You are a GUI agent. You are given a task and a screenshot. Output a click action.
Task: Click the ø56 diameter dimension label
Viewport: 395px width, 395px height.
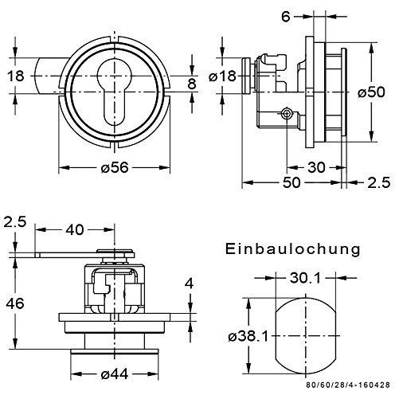pos(115,167)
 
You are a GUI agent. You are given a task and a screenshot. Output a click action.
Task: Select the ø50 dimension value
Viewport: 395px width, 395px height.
pos(371,92)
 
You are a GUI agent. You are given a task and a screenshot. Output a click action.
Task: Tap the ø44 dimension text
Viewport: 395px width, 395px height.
pos(115,374)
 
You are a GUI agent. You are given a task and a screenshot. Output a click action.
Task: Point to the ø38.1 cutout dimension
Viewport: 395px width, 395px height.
pos(248,337)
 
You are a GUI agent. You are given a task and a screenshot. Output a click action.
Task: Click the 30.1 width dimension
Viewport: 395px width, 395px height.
pos(305,278)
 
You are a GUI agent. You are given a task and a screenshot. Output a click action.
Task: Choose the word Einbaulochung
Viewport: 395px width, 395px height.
pos(293,249)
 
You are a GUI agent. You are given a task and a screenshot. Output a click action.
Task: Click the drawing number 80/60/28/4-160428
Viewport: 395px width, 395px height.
pos(348,385)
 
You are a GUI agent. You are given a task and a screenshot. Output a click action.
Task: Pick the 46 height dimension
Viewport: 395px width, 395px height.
pos(15,303)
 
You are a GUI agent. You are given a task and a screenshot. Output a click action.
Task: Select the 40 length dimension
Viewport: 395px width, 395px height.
pos(75,229)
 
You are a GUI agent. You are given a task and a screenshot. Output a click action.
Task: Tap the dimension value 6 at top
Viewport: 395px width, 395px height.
pos(286,17)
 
